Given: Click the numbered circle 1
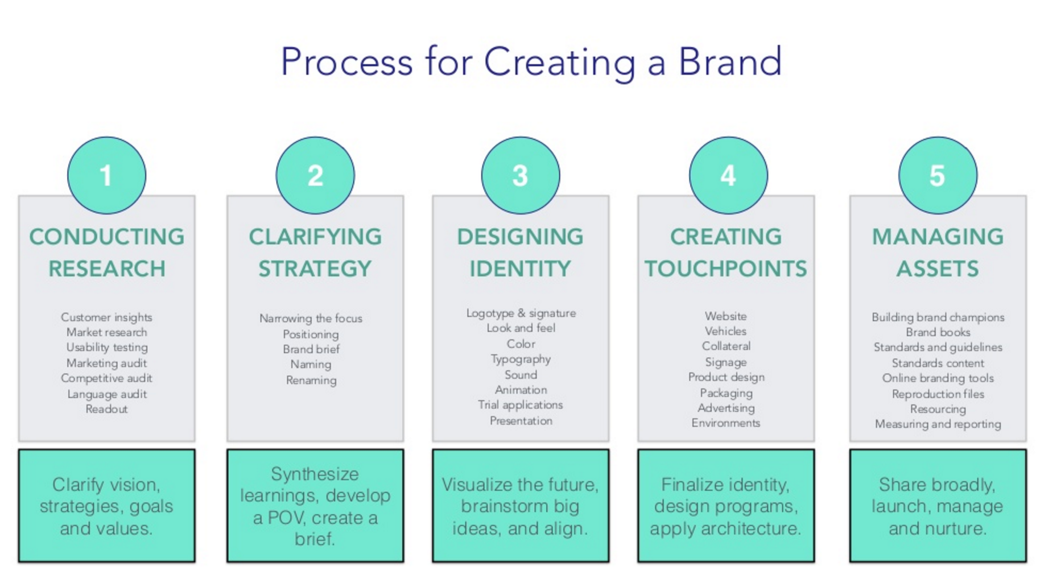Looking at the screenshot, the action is click(x=106, y=175).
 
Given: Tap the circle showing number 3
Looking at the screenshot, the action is click(x=520, y=175).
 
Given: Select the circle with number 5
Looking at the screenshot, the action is click(x=938, y=175).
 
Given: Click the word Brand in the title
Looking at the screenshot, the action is click(x=730, y=61).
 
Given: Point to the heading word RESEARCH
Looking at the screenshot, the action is click(x=107, y=269).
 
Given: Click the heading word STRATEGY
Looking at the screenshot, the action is click(x=315, y=269).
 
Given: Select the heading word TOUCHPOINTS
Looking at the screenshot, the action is click(x=725, y=269).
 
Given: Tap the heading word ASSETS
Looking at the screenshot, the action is click(x=938, y=269).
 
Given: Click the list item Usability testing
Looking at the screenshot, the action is click(x=107, y=348).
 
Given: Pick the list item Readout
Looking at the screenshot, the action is click(x=106, y=409).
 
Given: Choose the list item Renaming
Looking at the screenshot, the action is click(x=311, y=380).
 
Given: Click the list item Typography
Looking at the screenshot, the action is click(x=521, y=360).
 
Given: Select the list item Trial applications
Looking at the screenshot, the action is click(x=521, y=405).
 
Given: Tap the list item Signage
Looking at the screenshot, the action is click(x=726, y=362).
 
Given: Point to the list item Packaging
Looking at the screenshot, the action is click(x=726, y=393).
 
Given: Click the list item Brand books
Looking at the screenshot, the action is click(x=938, y=332).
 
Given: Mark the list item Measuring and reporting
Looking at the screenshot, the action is click(x=938, y=424).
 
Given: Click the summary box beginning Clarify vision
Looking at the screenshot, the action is click(x=106, y=506).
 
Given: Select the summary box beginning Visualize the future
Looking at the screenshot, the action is click(x=521, y=506).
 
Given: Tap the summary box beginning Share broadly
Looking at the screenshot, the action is click(x=938, y=506).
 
